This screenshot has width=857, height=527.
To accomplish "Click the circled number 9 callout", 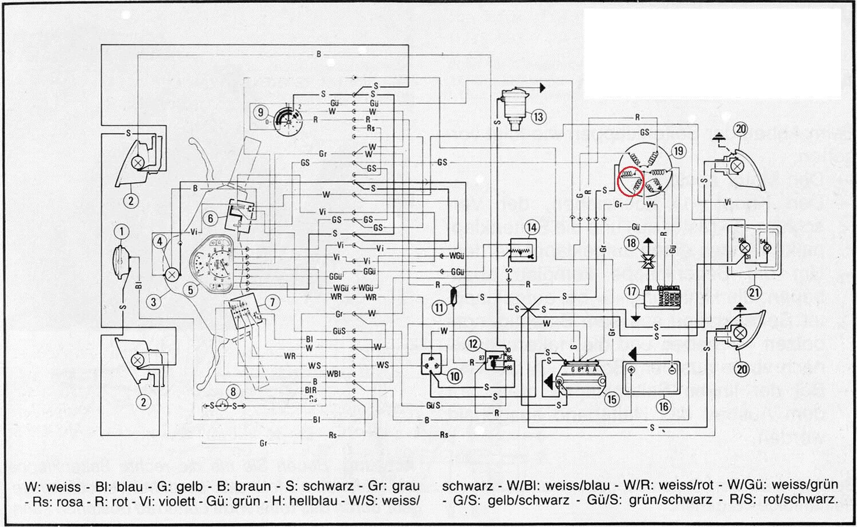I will [261, 112].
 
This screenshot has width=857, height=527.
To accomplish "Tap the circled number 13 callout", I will [538, 117].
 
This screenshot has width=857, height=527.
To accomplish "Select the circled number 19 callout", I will [678, 151].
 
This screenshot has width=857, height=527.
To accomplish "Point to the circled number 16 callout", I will [663, 407].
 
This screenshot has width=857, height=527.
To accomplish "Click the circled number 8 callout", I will [233, 392].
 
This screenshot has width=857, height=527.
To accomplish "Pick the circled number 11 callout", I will [439, 308].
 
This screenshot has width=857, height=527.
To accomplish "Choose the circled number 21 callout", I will [755, 292].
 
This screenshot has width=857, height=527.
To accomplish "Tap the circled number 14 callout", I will [532, 228].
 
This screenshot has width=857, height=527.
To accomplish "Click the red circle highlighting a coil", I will [631, 181].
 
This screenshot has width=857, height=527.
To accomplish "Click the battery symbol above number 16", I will [652, 377].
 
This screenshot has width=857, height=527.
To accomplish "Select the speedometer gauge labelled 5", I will [215, 265].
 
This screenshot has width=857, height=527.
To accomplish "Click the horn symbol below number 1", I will [121, 263].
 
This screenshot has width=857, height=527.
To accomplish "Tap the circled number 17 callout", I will [631, 292].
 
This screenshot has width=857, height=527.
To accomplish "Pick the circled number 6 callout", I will [210, 218].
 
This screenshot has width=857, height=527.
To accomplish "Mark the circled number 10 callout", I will [455, 376].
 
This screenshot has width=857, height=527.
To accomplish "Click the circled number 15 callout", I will [612, 399].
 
